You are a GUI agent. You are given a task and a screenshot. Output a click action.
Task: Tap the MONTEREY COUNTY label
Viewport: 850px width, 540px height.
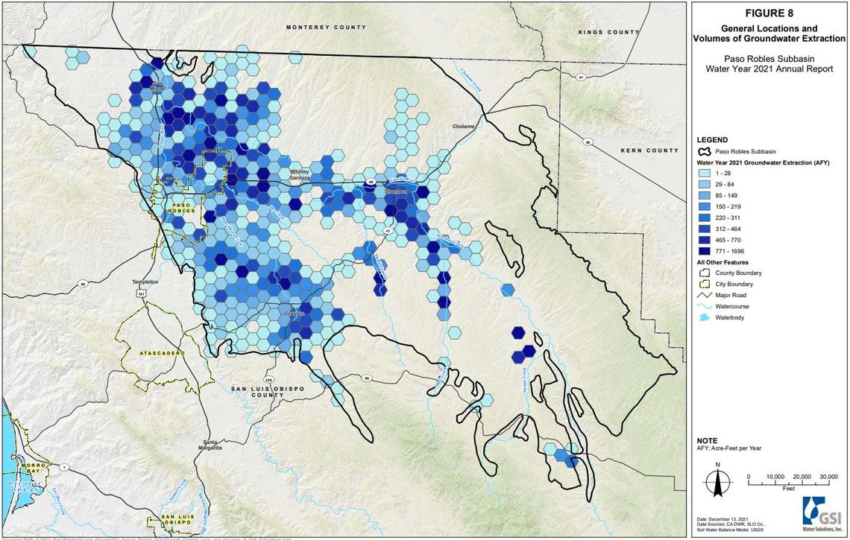click(327, 27)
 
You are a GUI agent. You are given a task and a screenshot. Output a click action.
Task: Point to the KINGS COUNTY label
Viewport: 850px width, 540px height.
click(609, 33)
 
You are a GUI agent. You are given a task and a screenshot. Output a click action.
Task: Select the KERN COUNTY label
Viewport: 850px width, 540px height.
click(649, 151)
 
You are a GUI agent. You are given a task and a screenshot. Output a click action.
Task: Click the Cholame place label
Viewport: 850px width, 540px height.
click(464, 127)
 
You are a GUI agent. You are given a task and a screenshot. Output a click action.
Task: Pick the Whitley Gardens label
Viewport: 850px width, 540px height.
click(300, 175)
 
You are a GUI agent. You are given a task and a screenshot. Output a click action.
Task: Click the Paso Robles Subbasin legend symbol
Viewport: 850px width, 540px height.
click(704, 150)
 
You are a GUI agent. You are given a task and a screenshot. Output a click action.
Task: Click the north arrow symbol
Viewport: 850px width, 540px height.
click(717, 481)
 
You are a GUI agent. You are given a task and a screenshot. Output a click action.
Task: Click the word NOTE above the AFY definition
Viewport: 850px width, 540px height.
click(707, 440)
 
